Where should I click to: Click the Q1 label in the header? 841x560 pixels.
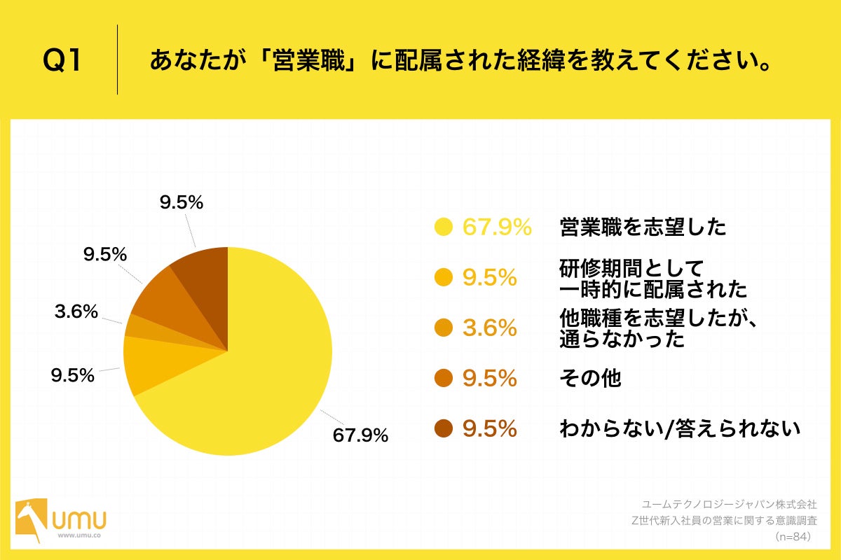(x=62, y=61)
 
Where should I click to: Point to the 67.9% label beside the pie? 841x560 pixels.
(x=360, y=435)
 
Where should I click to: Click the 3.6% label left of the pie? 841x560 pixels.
(x=76, y=312)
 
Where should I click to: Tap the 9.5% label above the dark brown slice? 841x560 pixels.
(x=181, y=203)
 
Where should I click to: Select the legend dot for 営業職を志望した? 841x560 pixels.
(x=443, y=227)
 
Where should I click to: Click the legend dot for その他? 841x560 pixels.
(x=443, y=378)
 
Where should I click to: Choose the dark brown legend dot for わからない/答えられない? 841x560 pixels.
(x=443, y=428)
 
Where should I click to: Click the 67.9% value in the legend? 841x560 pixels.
(x=497, y=227)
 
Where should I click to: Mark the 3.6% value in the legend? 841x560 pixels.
(x=490, y=328)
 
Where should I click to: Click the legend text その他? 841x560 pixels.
(x=590, y=378)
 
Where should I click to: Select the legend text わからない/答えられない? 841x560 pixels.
(x=679, y=428)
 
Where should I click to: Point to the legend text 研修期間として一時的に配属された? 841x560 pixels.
(x=652, y=278)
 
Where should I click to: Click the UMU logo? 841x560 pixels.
(x=62, y=520)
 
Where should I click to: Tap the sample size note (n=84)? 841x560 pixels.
(x=793, y=537)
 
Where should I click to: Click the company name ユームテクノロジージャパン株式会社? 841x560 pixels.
(x=730, y=503)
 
